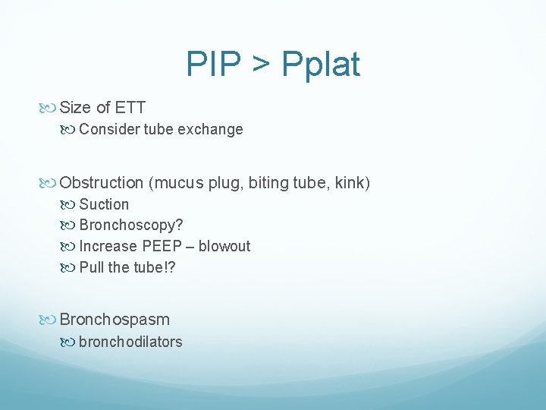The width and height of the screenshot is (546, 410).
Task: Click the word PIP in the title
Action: coord(212,65)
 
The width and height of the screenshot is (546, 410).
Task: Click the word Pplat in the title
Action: coord(321,65)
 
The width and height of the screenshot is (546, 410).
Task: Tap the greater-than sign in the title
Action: coord(260,65)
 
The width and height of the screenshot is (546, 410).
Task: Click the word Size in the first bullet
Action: coord(76,108)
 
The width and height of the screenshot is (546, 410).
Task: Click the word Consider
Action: coord(107,129)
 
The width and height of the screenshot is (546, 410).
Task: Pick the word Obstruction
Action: coord(102,183)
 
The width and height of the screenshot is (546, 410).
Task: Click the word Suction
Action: coord(104,204)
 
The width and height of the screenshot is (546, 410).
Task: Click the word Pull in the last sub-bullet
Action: coord(92,267)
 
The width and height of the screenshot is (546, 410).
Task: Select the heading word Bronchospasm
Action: coord(115,320)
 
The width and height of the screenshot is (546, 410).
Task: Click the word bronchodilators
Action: coord(130,342)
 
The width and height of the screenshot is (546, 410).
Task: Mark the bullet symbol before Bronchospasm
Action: coord(51,320)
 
